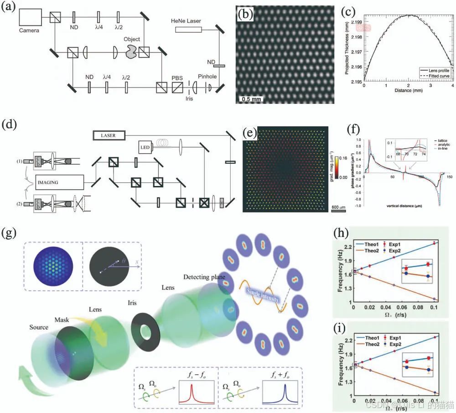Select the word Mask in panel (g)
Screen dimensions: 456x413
62,320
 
